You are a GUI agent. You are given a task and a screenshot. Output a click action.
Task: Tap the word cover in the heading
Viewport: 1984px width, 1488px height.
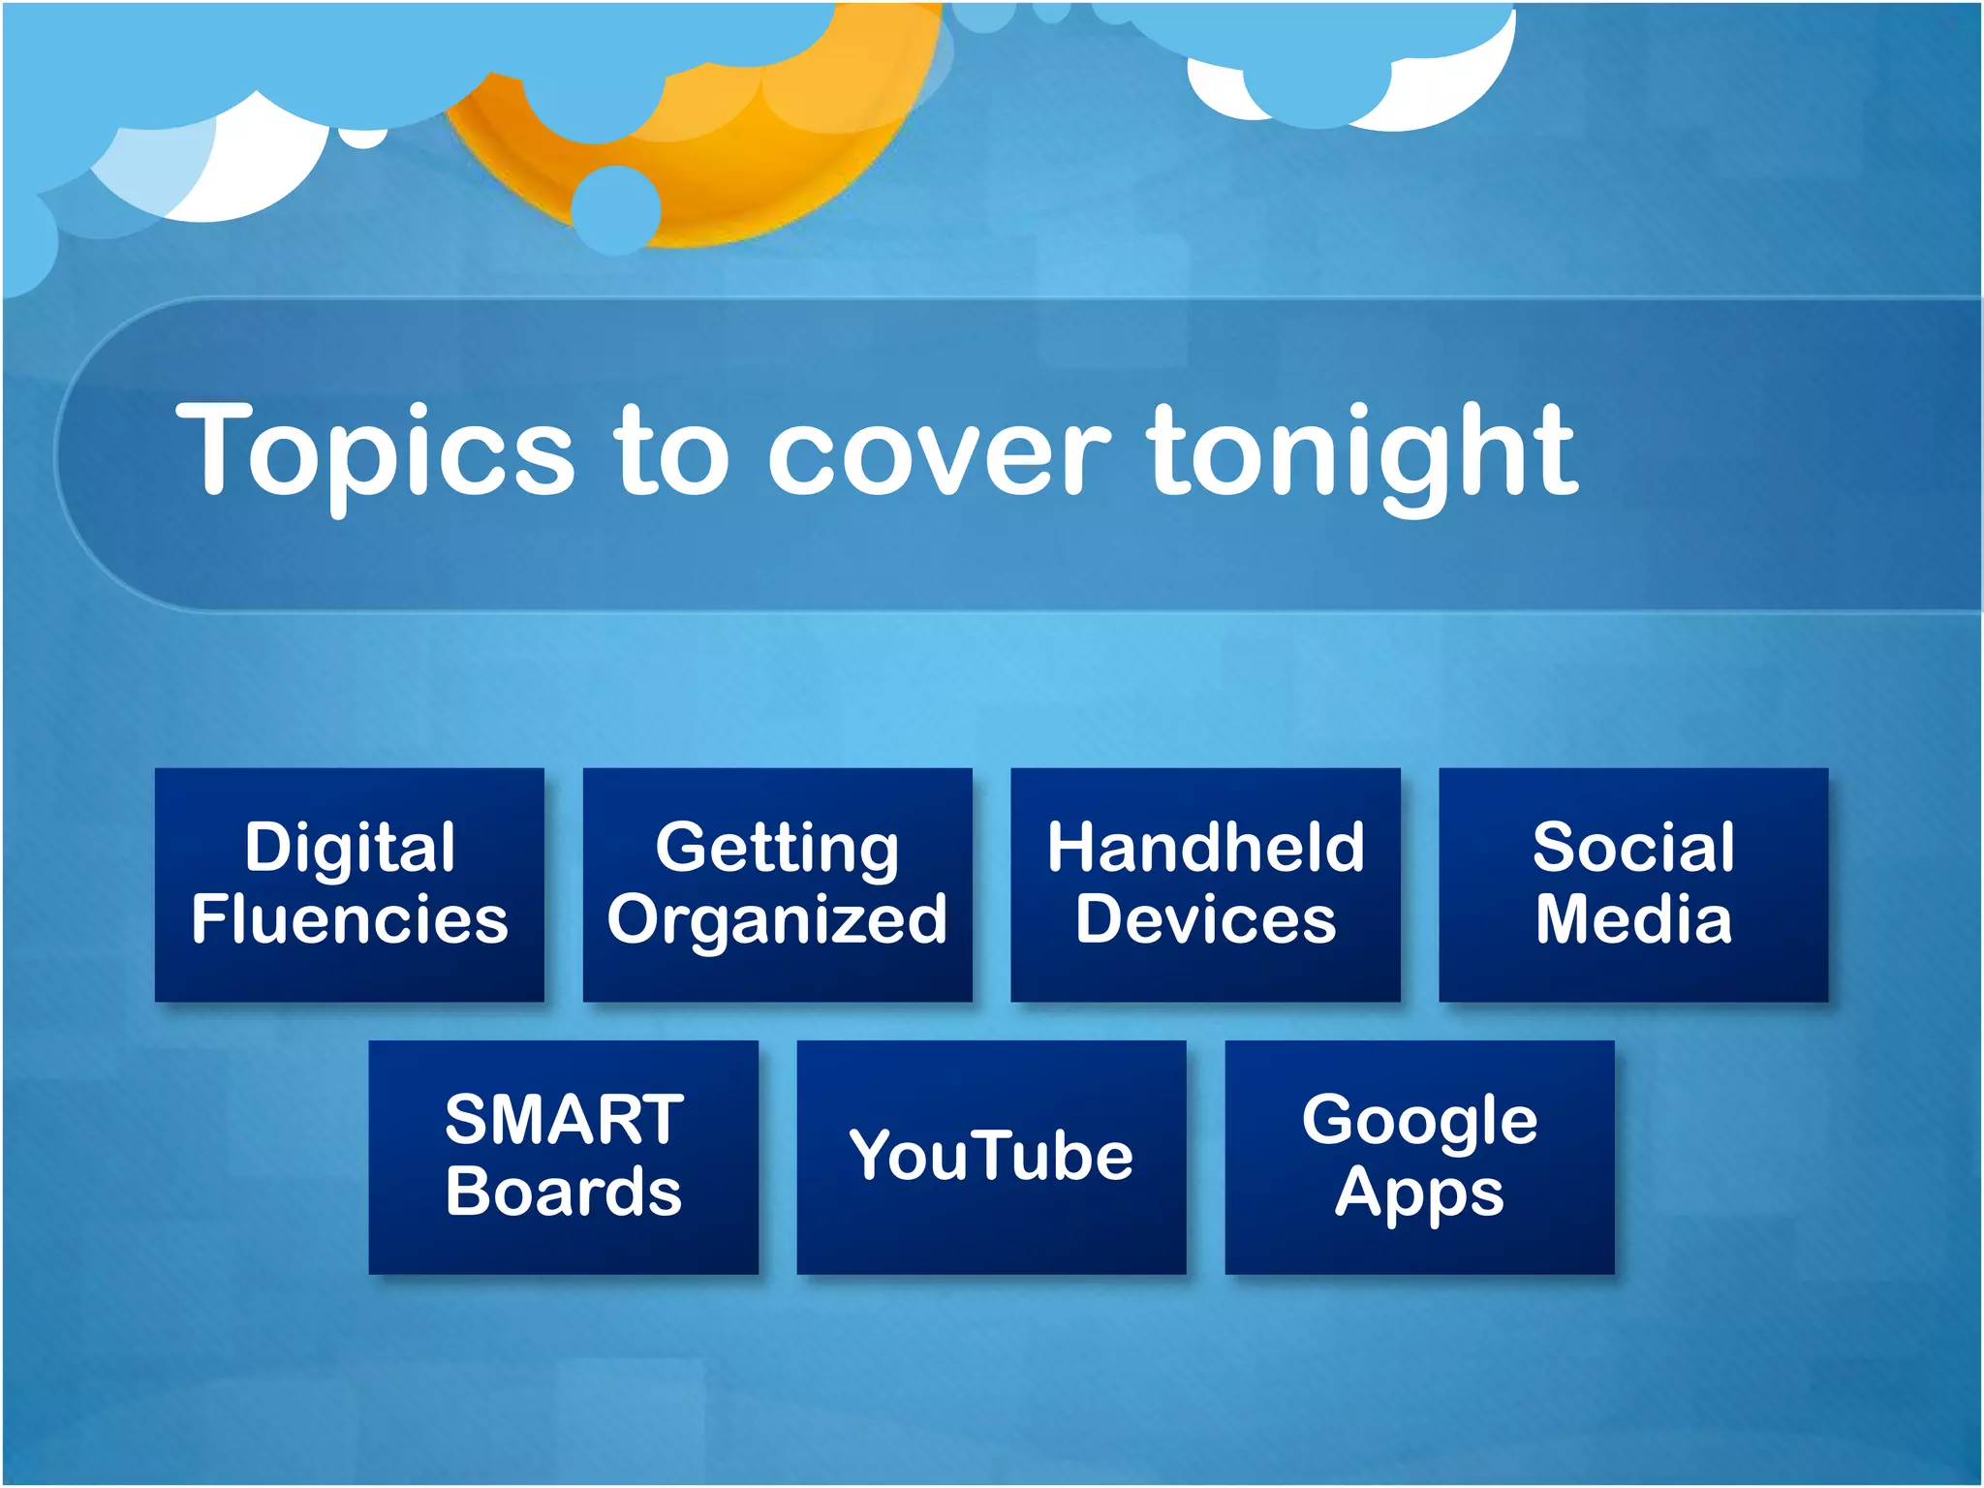pos(938,453)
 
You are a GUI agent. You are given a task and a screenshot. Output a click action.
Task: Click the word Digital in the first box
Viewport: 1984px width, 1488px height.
pos(350,848)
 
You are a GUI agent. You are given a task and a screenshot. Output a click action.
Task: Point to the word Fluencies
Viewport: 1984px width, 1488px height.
pos(350,919)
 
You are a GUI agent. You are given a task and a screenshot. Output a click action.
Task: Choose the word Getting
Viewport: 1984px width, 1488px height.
pos(777,848)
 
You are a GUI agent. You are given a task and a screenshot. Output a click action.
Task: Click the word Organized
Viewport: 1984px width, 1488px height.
pos(777,921)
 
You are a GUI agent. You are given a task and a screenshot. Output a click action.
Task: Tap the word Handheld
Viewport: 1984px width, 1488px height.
pos(1205,848)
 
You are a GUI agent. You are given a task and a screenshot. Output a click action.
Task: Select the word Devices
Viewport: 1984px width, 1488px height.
pos(1205,919)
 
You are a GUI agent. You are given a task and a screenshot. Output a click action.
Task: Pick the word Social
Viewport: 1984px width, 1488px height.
pos(1633,848)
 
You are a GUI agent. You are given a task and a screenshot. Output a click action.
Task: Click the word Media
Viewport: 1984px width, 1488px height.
pos(1633,919)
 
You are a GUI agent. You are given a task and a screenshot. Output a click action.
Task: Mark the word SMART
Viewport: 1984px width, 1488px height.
pos(564,1120)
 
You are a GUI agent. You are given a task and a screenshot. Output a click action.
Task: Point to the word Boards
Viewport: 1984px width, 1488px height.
pos(564,1193)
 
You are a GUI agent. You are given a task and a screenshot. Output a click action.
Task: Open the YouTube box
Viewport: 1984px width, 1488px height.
pos(991,1157)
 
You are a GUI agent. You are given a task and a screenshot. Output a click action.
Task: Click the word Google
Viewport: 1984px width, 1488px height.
pos(1419,1121)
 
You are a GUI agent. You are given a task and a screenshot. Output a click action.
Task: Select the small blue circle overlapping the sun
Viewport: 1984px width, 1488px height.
pos(616,209)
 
